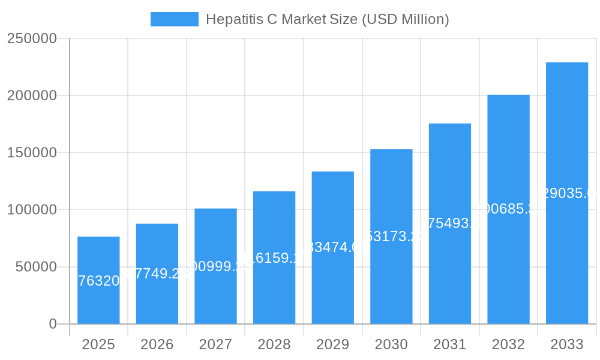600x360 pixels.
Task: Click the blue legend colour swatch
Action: pos(174,19)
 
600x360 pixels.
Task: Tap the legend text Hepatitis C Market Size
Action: pos(327,19)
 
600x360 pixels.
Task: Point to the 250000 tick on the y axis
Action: pos(32,38)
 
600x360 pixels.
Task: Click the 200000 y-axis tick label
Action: pos(32,95)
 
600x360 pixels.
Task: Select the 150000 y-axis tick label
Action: pos(32,152)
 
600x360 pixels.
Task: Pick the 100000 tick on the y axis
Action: pos(32,210)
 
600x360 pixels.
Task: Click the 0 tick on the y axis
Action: pos(53,324)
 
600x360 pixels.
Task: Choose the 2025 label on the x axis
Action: pos(98,344)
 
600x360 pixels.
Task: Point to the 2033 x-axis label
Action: pos(567,344)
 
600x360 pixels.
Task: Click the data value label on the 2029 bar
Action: pos(333,247)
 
